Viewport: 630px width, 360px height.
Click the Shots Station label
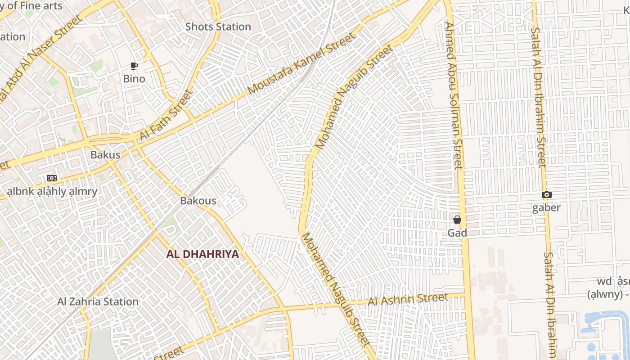click(218, 27)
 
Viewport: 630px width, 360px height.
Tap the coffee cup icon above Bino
click(134, 66)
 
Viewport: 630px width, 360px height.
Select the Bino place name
click(134, 79)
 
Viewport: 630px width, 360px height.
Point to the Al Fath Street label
click(166, 115)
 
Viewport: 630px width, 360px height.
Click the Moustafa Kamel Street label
click(301, 63)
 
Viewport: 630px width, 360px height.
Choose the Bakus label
click(105, 155)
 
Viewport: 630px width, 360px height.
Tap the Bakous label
click(198, 201)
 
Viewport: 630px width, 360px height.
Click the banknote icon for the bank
click(52, 178)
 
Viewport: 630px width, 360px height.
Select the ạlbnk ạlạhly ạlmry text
click(52, 191)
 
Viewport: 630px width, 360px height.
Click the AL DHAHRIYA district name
click(202, 254)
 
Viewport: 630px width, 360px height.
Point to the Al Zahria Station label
click(98, 301)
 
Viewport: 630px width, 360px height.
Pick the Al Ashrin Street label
click(408, 299)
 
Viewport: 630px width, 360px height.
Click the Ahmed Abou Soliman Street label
click(453, 95)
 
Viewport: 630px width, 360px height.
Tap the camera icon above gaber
click(546, 195)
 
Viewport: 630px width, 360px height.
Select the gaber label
click(546, 207)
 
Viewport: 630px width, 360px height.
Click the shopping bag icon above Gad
click(457, 220)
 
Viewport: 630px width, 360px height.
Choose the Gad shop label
click(457, 233)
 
